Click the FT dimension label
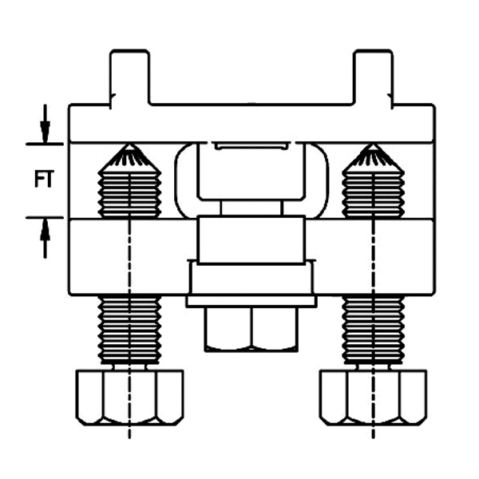tap(44, 179)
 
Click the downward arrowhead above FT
tap(46, 132)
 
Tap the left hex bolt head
tap(129, 398)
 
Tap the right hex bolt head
tap(373, 398)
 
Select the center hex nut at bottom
tap(251, 329)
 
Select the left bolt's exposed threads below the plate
tap(129, 330)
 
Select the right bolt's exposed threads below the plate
tap(373, 330)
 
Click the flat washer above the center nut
tap(251, 301)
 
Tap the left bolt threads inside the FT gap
tap(129, 194)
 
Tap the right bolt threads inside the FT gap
tap(373, 194)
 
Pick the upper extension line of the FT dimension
tap(45, 144)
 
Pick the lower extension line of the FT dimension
tap(45, 217)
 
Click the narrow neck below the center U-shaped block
tap(251, 208)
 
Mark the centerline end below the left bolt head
tap(129, 438)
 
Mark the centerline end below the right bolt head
tap(373, 438)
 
